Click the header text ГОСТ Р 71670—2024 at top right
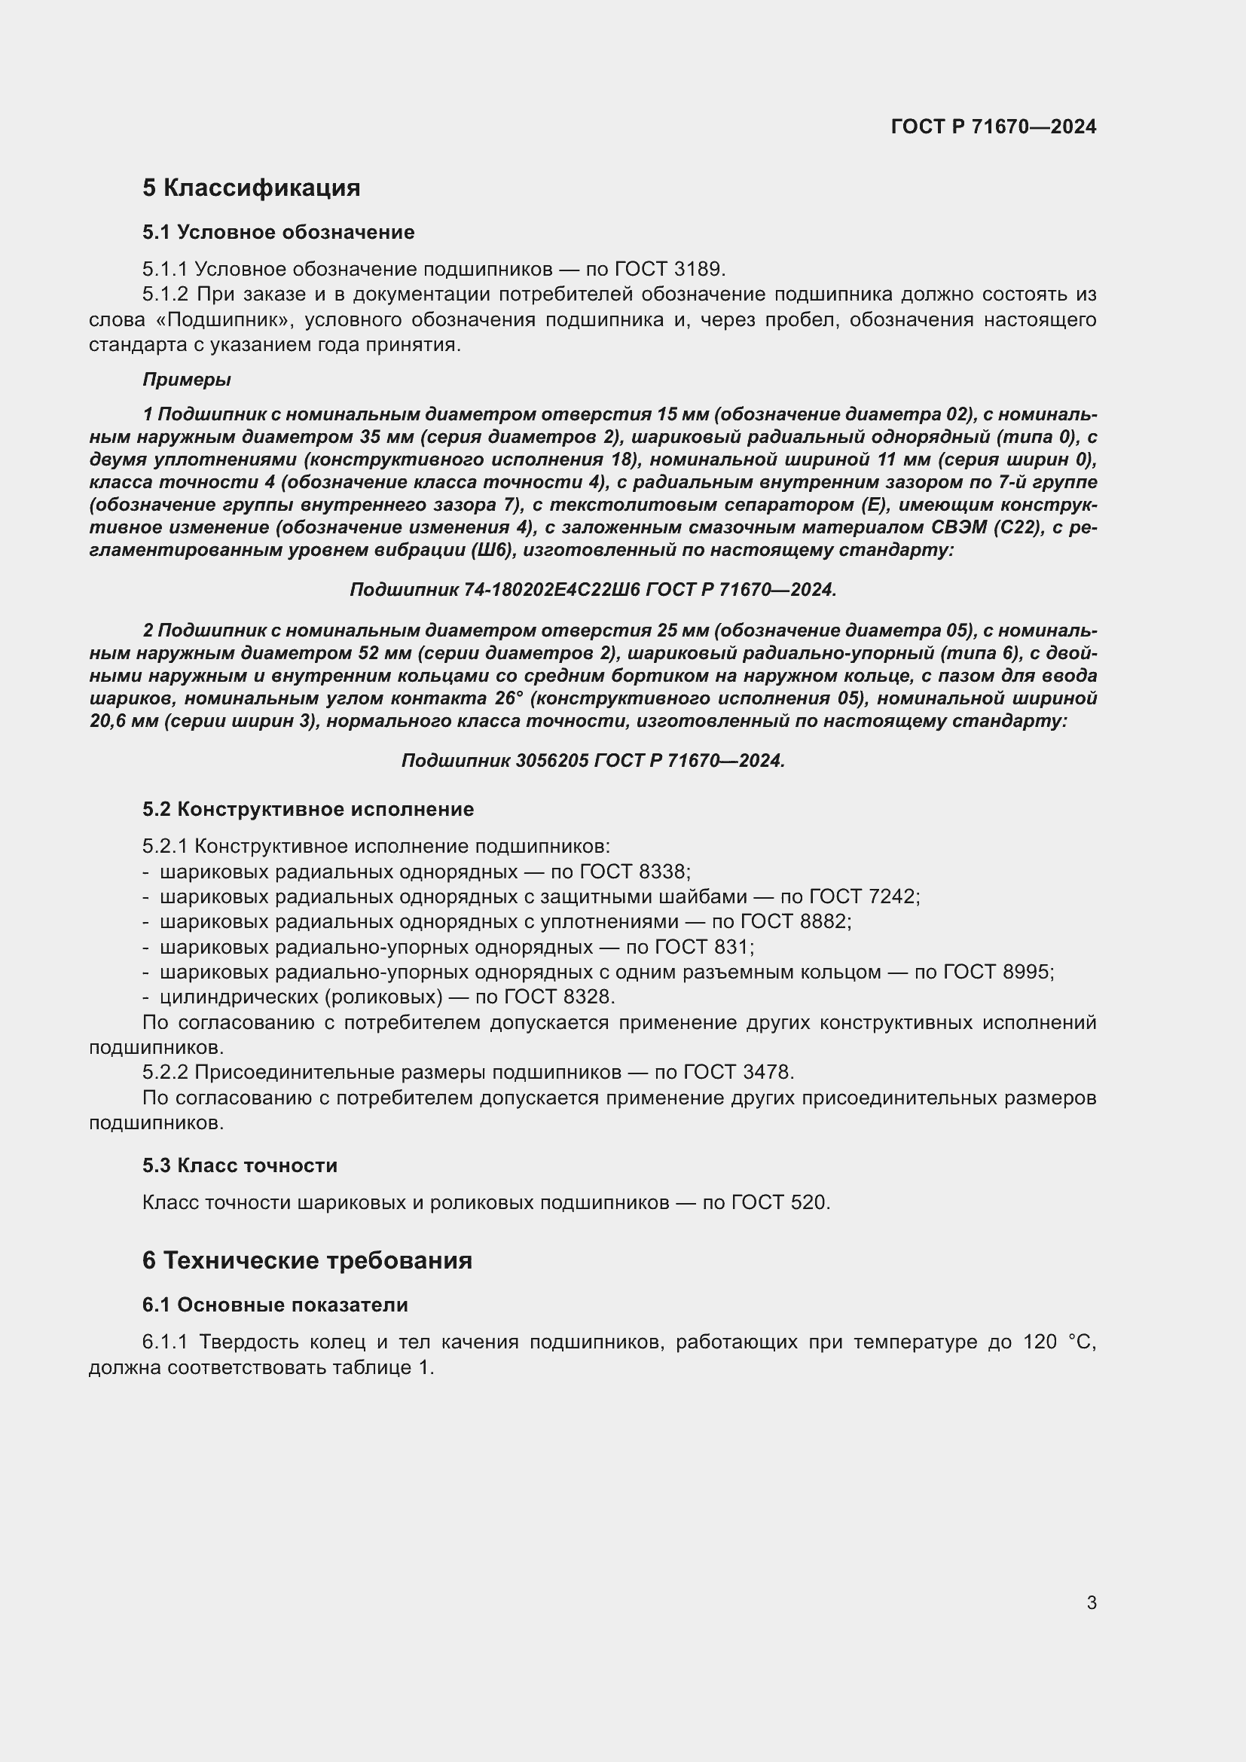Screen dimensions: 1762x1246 point(994,127)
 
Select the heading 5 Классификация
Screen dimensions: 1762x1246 point(251,188)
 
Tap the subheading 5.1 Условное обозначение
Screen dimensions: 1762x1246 point(278,233)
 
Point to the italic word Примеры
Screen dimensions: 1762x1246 point(186,380)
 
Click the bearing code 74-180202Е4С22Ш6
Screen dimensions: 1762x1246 point(551,589)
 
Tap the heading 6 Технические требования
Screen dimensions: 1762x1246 point(307,1261)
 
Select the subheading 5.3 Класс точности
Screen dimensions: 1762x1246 point(240,1165)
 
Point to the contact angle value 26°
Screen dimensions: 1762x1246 point(509,698)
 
